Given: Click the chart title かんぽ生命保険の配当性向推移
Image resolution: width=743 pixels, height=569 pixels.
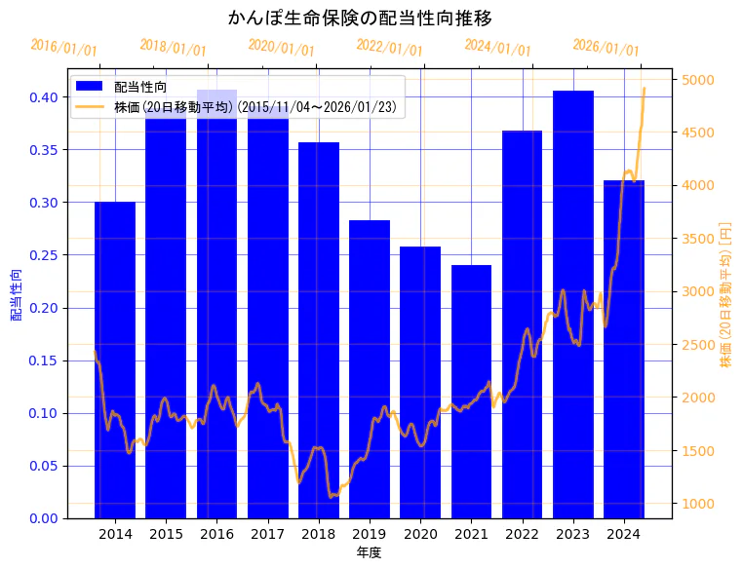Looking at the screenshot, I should tap(360, 18).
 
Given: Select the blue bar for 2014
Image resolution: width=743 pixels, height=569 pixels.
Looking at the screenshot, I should tap(115, 360).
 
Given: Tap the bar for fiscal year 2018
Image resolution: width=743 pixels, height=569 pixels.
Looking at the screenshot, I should tap(319, 331).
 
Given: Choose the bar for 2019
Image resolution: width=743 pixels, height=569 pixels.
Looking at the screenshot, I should tap(370, 369).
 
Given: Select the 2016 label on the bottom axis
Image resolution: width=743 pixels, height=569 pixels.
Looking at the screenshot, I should tap(216, 534).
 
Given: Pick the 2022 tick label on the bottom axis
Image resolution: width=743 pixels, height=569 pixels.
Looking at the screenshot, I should tap(523, 534).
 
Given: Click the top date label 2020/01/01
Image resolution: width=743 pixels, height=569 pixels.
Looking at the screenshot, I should tap(281, 48).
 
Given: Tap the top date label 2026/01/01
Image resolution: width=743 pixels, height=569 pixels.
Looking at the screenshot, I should tap(606, 48).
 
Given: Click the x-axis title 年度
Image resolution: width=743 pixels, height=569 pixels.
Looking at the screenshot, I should tap(369, 552).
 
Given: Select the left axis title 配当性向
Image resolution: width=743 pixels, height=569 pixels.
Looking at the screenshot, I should tap(17, 294).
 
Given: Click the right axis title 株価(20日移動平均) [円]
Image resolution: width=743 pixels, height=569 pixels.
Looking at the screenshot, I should tap(725, 292).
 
